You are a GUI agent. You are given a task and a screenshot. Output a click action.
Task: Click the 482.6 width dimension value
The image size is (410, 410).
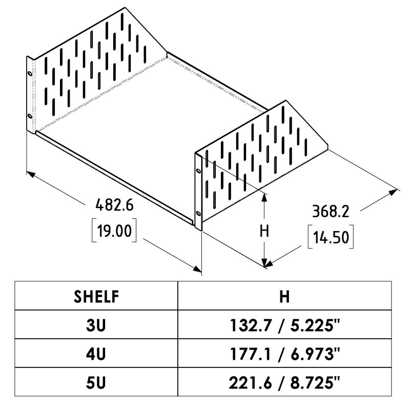click(x=114, y=205)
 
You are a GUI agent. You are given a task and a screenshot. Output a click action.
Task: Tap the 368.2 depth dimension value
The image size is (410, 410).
click(x=331, y=211)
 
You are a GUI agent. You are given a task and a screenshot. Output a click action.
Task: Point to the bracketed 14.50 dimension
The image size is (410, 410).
click(x=331, y=237)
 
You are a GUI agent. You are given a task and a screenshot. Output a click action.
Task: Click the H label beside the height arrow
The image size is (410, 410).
click(x=264, y=232)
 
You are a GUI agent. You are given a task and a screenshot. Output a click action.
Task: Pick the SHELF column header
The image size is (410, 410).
click(x=96, y=297)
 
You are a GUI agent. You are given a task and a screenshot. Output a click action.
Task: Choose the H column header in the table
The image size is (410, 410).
click(x=284, y=297)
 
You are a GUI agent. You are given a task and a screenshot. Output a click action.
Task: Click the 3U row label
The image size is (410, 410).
click(x=96, y=325)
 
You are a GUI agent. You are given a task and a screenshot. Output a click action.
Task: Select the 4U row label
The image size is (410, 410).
click(x=96, y=354)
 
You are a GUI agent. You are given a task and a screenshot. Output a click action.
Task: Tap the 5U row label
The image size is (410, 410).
click(x=96, y=383)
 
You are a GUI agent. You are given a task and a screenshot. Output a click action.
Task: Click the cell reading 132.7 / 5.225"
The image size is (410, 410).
click(x=284, y=326)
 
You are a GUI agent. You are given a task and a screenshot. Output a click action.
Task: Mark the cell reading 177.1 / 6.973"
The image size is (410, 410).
click(x=284, y=355)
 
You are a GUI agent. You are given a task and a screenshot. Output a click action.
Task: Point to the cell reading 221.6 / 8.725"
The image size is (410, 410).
click(x=284, y=383)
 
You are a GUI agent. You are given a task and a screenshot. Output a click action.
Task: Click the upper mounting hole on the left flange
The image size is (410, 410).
click(x=30, y=74)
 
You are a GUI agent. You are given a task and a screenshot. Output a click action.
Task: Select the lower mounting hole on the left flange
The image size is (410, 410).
click(x=30, y=116)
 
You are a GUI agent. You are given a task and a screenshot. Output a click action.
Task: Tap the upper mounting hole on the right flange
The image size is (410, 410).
click(x=198, y=171)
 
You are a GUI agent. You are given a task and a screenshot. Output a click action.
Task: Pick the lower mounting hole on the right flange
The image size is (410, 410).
click(x=198, y=213)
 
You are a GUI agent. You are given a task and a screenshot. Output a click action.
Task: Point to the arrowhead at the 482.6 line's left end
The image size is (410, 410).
click(x=31, y=174)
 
